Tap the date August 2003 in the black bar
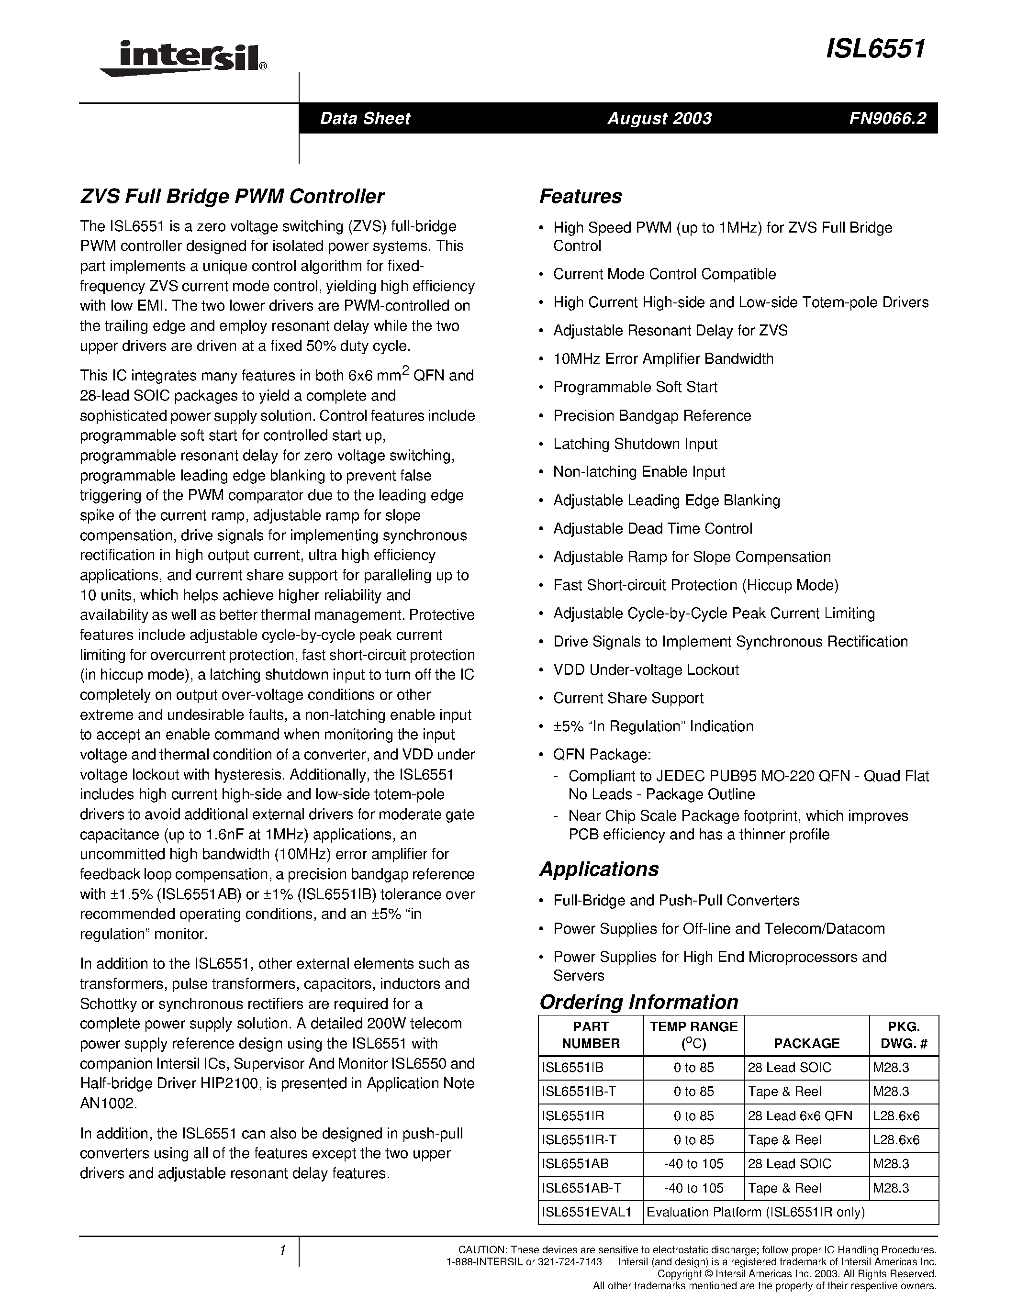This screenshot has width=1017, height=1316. [x=659, y=118]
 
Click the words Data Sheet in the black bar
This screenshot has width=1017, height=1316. [x=365, y=118]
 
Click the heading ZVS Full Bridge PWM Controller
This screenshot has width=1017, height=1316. [x=232, y=196]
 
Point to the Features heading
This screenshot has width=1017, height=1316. [x=580, y=196]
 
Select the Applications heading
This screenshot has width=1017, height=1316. [x=598, y=869]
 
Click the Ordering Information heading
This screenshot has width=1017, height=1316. [x=638, y=1002]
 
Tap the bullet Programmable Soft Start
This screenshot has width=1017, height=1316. [x=635, y=387]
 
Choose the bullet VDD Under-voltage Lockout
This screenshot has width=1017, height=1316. [x=646, y=669]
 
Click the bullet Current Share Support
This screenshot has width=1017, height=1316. [x=628, y=698]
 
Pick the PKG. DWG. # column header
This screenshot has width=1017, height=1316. [x=903, y=1035]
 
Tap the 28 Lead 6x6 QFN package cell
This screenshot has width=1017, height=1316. [x=800, y=1115]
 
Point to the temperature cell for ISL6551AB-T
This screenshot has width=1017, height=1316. [x=693, y=1188]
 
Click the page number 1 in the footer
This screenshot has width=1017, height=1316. [x=281, y=1250]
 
